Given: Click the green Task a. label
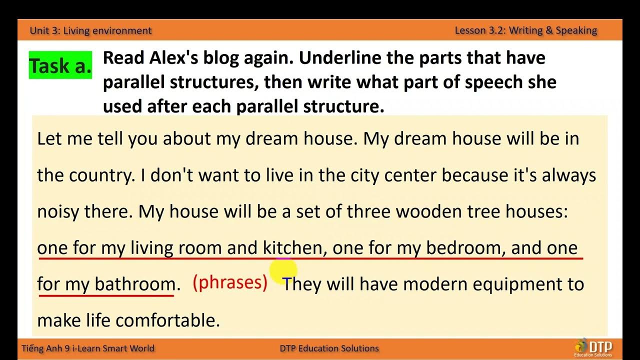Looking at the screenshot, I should coord(60,65).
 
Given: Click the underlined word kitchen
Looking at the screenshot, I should coord(294,248).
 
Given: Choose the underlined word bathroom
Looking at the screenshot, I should coord(135,284).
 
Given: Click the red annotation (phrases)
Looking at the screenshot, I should coord(230,283).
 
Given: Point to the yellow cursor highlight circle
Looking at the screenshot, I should coord(283,271).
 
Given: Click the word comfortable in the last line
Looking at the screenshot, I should coord(167,320).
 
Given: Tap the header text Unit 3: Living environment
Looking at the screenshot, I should coord(90,30).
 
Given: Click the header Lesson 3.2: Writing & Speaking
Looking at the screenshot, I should coord(525,30).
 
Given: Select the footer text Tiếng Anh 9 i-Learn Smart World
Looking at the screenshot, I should coord(88,348).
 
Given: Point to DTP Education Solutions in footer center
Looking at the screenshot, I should coord(329,348).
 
